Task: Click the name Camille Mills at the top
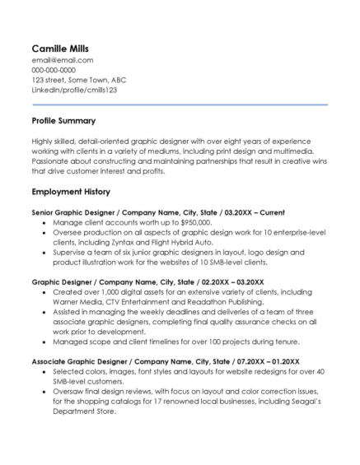click(62, 47)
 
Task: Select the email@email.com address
click(62, 60)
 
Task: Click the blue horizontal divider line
click(180, 105)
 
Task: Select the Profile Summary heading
click(63, 121)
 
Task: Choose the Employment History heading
click(71, 192)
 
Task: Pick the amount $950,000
click(192, 222)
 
